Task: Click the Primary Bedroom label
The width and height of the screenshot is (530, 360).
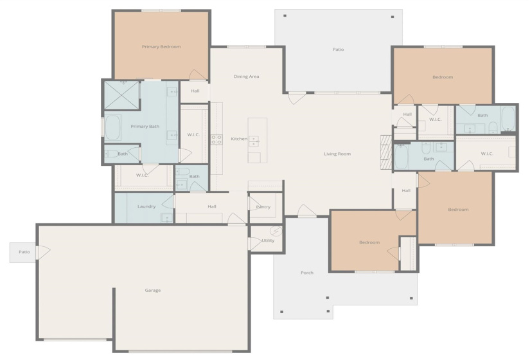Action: pos(161,47)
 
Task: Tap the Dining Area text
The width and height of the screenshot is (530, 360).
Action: pos(246,76)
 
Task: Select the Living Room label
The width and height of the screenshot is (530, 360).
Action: pos(337,154)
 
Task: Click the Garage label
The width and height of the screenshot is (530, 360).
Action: pos(152,290)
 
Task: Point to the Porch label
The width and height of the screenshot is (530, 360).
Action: pos(307,273)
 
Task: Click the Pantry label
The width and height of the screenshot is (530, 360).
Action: pos(263,207)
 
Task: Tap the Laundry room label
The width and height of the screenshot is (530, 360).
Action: pos(146,206)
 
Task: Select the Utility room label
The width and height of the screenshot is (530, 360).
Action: pos(268,240)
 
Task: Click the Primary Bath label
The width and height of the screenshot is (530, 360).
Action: pos(145,127)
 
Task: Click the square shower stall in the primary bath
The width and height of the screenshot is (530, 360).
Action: pos(122,95)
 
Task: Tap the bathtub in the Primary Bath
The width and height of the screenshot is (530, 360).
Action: pos(113,128)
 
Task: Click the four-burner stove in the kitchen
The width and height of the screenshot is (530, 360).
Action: pos(216,139)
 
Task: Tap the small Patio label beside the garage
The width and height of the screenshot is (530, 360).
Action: pos(24,252)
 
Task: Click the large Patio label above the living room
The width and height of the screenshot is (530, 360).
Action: pos(338,50)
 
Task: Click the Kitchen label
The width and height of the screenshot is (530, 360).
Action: pos(238,139)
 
